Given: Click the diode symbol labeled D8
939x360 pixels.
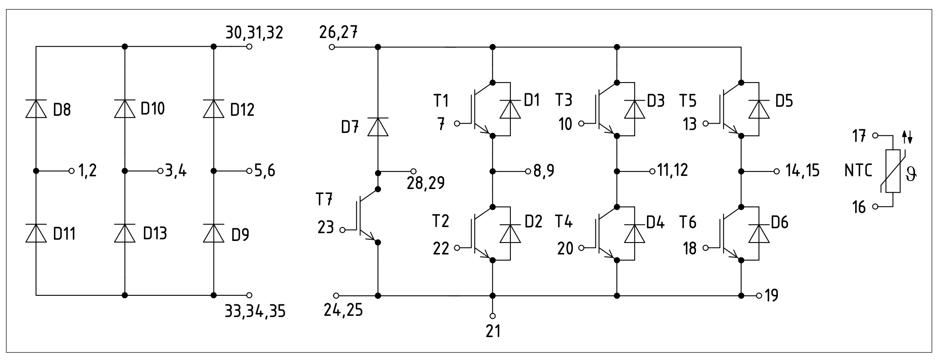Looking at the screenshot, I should (x=36, y=109).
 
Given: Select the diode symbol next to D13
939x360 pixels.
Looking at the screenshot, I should (x=125, y=233).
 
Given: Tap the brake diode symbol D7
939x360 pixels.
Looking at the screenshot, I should (x=377, y=127).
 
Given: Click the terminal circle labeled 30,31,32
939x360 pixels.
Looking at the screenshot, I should (x=249, y=47).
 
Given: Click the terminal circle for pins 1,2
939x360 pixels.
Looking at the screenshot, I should (x=72, y=171).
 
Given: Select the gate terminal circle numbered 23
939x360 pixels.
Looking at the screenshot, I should (x=343, y=230).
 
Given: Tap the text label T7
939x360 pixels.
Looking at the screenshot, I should (x=324, y=199).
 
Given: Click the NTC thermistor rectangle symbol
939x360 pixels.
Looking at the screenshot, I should (x=893, y=171).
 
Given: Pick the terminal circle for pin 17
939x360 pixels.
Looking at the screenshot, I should (x=875, y=135).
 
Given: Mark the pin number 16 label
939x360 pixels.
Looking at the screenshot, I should (x=859, y=207).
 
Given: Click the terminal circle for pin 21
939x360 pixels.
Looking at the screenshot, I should (x=492, y=316).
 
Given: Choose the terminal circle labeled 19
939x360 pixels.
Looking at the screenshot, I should (x=759, y=295).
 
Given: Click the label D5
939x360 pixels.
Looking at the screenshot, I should (x=784, y=101).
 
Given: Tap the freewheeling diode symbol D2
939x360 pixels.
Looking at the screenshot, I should (x=510, y=234).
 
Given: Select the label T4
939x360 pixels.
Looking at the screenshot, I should (x=564, y=221).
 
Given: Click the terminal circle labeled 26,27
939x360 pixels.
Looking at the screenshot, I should (x=332, y=47).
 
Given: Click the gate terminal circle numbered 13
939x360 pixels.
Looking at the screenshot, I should (x=705, y=123).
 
